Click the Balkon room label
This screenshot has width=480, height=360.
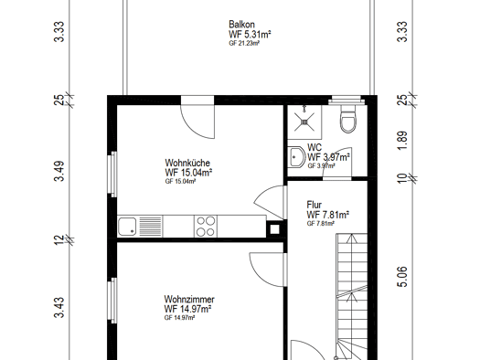[241, 24]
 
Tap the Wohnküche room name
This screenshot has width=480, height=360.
[187, 163]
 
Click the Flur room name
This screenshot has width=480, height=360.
[315, 205]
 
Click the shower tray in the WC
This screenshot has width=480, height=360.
[304, 122]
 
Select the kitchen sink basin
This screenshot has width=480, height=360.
[127, 227]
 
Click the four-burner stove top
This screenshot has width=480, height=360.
[206, 227]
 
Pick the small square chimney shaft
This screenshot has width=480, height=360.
[274, 229]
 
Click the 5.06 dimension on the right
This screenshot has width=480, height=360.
[402, 277]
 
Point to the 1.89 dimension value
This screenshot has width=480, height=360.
[402, 141]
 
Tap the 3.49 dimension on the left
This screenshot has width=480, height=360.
[59, 171]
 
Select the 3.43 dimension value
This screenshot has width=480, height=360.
[59, 307]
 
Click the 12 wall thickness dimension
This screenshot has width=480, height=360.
[59, 239]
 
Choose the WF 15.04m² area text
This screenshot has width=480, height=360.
[188, 172]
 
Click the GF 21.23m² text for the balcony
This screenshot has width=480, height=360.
[244, 43]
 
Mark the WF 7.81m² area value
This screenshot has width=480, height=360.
[328, 215]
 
